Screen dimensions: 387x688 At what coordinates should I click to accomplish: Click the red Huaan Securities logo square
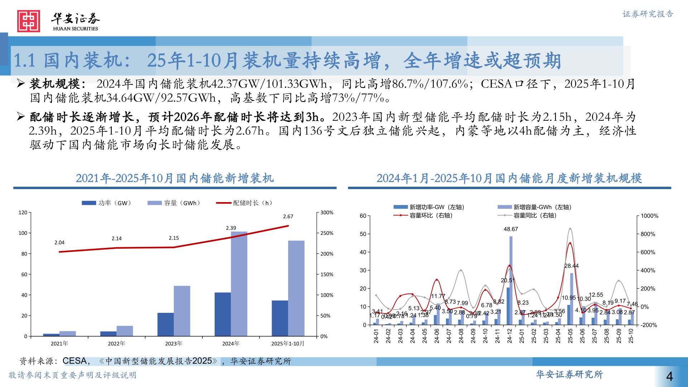tap(28, 21)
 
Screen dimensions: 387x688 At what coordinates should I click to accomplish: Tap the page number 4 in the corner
tap(669, 376)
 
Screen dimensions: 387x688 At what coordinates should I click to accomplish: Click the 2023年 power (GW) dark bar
tap(165, 324)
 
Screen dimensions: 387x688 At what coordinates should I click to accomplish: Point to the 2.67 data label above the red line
tap(288, 216)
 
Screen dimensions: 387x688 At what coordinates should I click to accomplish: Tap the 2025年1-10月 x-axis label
tap(288, 344)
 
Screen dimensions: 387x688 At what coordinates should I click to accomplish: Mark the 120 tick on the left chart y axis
tap(23, 212)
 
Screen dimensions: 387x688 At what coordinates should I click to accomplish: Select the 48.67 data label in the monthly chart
tap(511, 229)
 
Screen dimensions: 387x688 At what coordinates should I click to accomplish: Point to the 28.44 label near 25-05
tap(571, 266)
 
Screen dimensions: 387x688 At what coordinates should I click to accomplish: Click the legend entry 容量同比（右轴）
tap(535, 215)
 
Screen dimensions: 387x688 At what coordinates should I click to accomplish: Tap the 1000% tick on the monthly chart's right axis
tap(649, 216)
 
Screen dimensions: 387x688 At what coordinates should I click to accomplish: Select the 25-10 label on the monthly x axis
tap(631, 336)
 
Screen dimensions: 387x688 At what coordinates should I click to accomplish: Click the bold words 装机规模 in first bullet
tap(54, 84)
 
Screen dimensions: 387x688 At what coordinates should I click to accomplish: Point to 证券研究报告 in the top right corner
tap(648, 14)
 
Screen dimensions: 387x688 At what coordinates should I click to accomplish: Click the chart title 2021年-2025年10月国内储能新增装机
tap(175, 178)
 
